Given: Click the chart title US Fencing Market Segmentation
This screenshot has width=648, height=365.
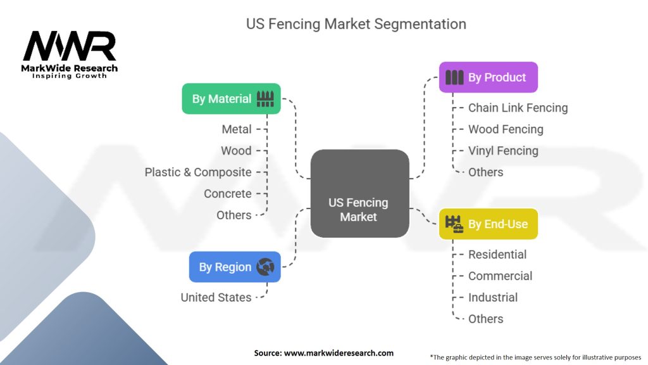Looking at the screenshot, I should (x=356, y=24).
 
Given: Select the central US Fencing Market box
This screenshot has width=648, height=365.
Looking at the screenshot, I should (x=359, y=193).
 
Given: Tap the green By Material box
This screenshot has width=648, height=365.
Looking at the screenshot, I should (x=231, y=99).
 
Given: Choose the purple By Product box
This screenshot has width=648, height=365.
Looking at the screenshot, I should (x=488, y=77).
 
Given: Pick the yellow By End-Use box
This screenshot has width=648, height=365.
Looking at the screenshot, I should (x=488, y=224).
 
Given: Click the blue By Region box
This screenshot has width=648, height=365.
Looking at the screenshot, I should (x=234, y=267).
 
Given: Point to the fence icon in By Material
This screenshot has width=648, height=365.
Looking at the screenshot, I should (x=266, y=98).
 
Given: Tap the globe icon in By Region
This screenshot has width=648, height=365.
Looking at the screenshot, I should (x=266, y=267).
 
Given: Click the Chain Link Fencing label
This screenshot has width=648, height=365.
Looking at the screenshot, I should (x=518, y=108).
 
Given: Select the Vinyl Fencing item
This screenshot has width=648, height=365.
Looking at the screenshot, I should (x=503, y=151).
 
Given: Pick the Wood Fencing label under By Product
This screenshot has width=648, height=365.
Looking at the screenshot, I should (x=506, y=129).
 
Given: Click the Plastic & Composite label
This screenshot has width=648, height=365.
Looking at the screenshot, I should (x=198, y=172).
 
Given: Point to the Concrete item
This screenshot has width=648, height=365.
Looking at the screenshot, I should (x=227, y=194).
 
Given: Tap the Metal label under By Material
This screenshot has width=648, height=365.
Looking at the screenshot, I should (x=237, y=129).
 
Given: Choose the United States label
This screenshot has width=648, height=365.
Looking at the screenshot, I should (x=216, y=297).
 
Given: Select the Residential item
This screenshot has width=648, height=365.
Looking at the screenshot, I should (x=497, y=254).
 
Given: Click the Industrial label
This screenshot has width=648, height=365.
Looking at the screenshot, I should (x=493, y=297).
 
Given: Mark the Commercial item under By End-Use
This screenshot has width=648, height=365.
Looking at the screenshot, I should (x=500, y=276).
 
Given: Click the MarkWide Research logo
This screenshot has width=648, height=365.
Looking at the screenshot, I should (x=70, y=54).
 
